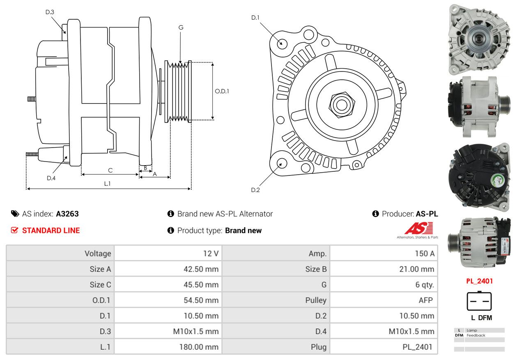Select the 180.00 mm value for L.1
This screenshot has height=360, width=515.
point(199,347)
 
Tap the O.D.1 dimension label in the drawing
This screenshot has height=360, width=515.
point(222,91)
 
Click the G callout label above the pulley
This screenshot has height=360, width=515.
point(181,28)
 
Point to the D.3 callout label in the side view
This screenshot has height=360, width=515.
point(50,12)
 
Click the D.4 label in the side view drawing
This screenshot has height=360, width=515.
point(51,178)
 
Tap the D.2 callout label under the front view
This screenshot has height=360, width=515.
point(255,190)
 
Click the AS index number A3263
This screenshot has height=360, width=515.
point(67,214)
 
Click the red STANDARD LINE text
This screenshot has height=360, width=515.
point(51,231)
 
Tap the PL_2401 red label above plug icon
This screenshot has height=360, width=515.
point(479,281)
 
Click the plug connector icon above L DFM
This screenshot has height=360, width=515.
point(479,301)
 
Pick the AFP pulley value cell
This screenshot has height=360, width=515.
point(425,300)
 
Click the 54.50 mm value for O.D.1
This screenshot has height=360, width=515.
point(201,300)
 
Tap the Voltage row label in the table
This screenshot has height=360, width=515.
point(98,254)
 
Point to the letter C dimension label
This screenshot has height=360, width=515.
point(110,170)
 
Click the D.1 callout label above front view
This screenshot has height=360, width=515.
point(255,18)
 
